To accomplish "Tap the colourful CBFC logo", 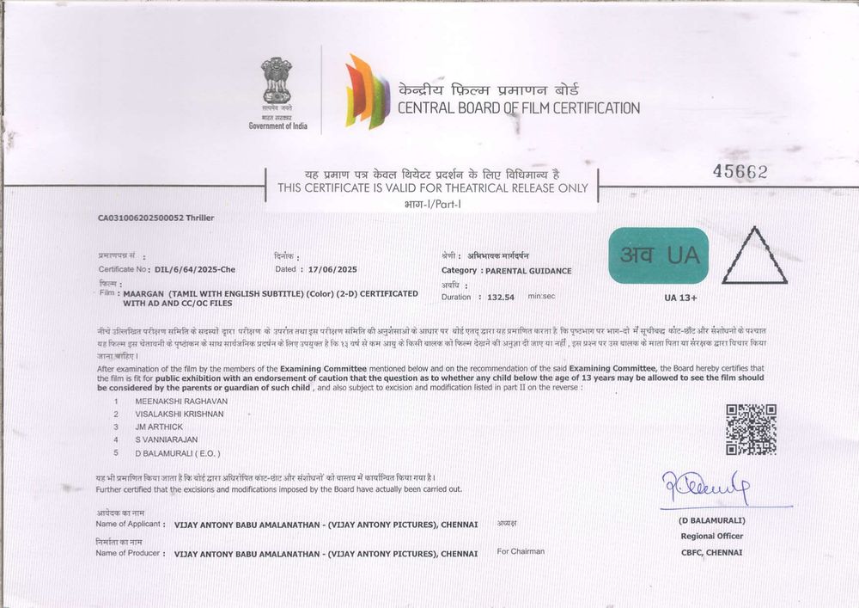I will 368,91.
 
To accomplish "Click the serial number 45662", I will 740,172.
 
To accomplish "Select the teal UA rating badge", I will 659,255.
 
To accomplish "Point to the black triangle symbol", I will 754,258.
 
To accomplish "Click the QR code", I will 751,429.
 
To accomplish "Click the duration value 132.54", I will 500,297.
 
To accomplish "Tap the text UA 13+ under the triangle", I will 680,298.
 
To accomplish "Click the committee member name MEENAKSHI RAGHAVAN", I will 176,401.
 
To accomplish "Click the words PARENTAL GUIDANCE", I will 527,271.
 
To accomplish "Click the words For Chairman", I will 521,551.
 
